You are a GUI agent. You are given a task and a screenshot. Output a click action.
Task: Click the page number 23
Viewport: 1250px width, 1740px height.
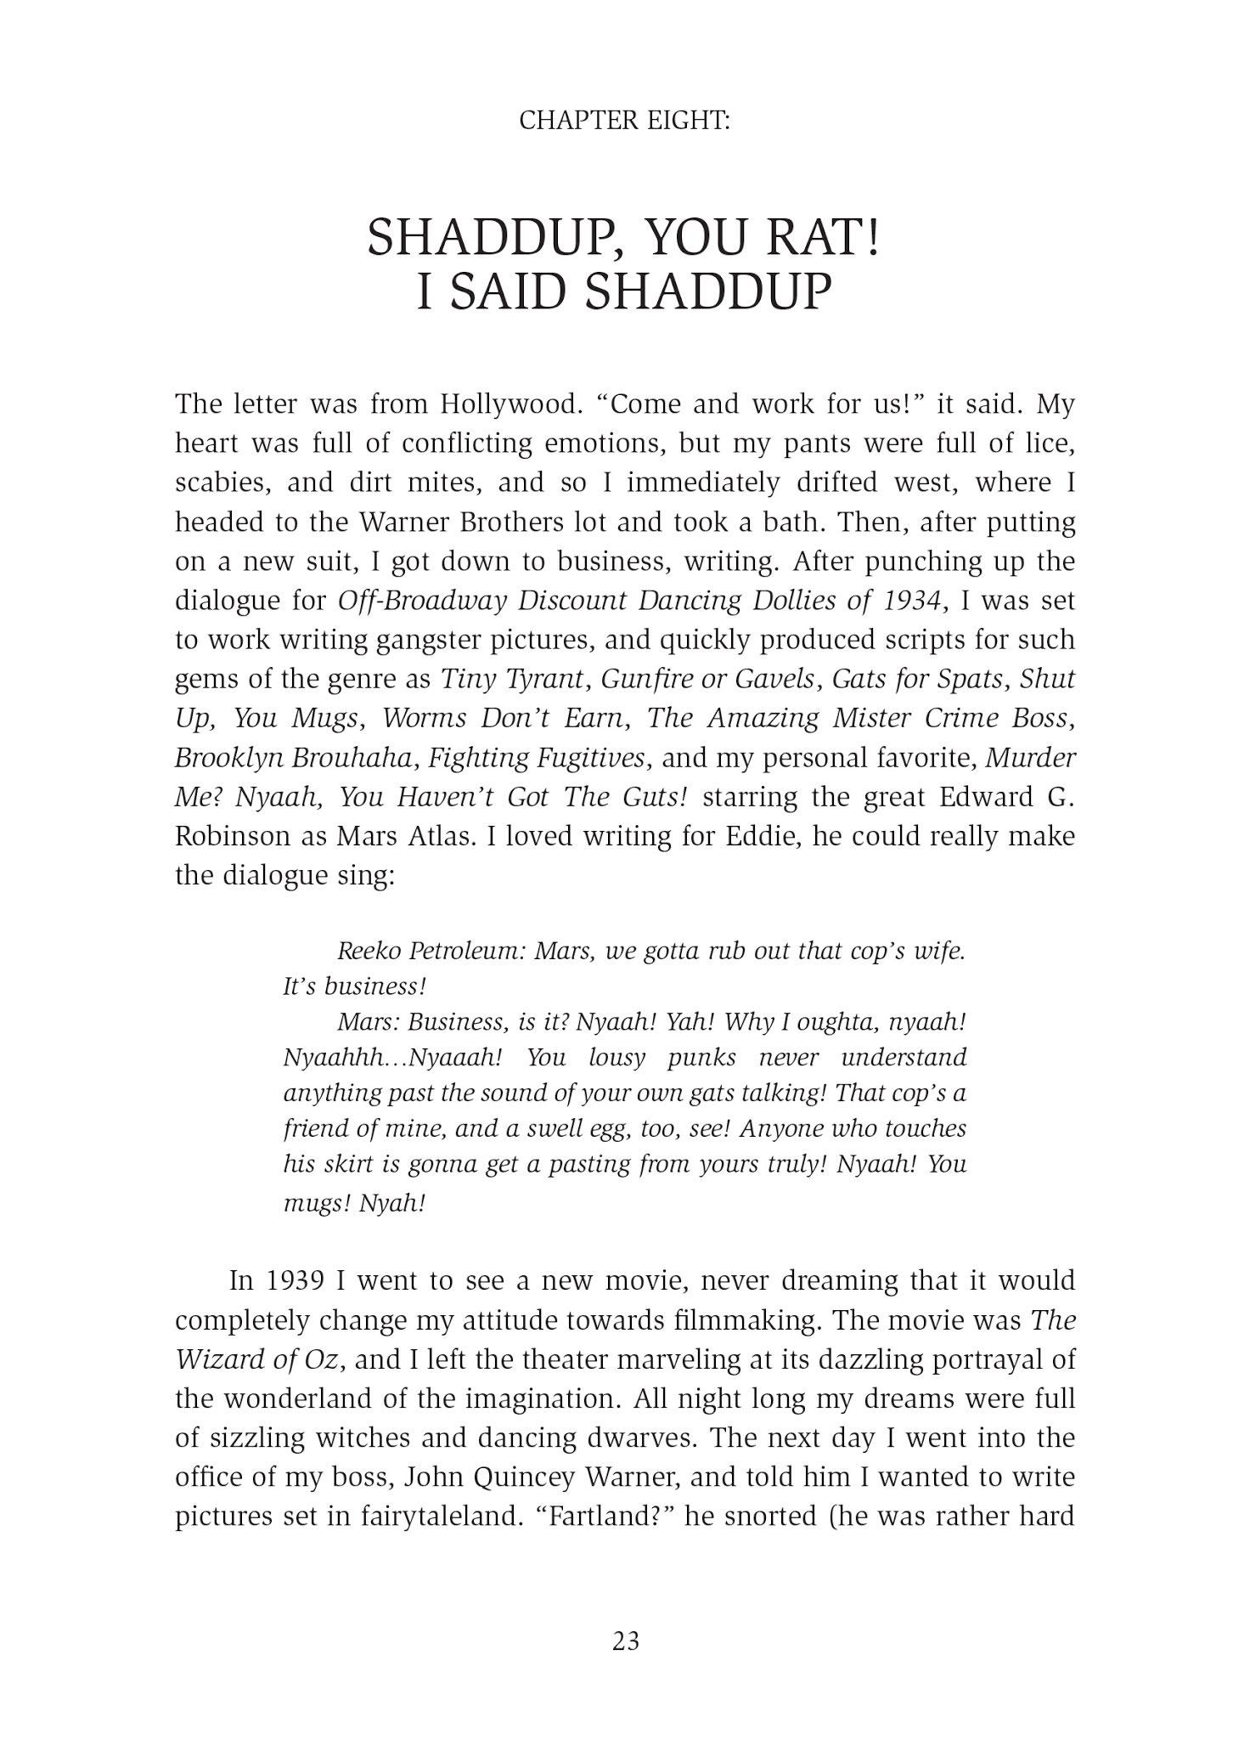click(x=625, y=1641)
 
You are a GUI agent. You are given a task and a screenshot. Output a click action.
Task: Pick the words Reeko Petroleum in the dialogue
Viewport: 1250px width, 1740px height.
click(x=431, y=951)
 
